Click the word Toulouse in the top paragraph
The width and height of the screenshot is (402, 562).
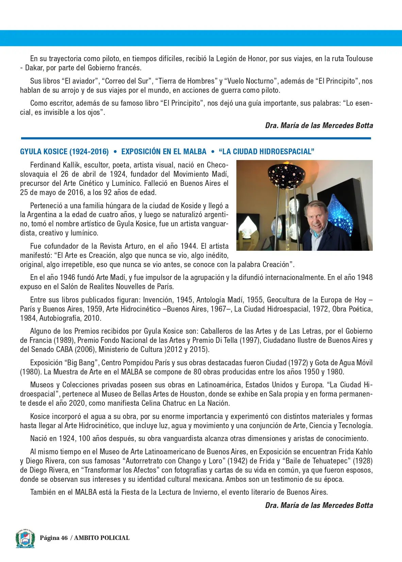(359, 58)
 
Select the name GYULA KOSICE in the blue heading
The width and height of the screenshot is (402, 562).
(43, 152)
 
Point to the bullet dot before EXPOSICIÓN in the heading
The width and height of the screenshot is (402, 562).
(115, 152)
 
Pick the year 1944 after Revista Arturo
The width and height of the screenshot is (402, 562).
(190, 246)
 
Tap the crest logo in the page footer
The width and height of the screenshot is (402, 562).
(25, 538)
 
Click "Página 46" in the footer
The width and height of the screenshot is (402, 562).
(54, 538)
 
